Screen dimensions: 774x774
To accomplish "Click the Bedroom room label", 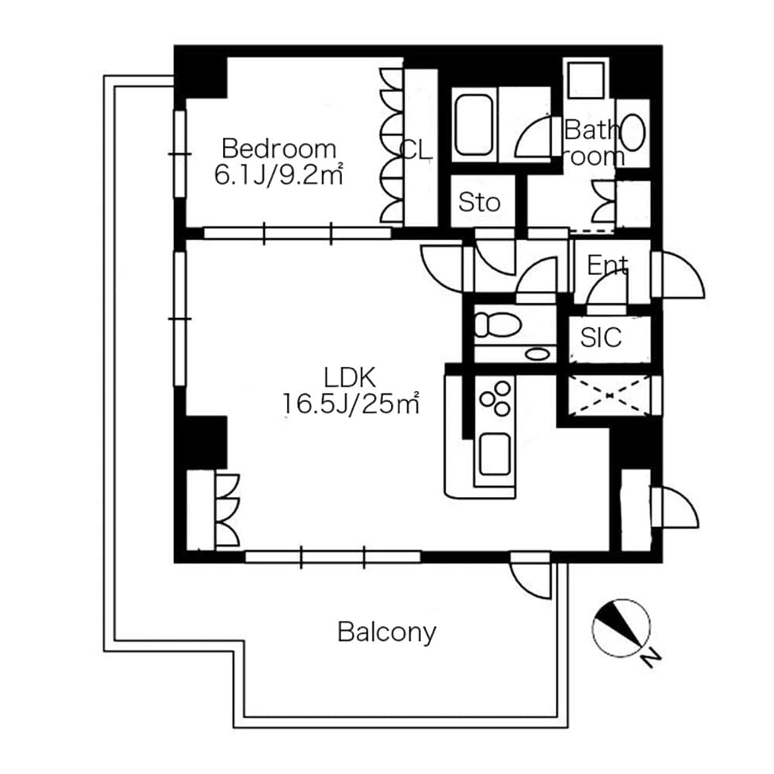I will pyautogui.click(x=279, y=148).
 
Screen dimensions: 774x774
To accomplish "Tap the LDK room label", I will pyautogui.click(x=350, y=378).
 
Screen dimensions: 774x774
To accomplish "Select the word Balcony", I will pyautogui.click(x=386, y=632).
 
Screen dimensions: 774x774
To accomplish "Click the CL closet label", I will pyautogui.click(x=415, y=151).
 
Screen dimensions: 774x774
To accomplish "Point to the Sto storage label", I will pyautogui.click(x=479, y=203).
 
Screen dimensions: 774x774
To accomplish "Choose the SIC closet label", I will pyautogui.click(x=601, y=337).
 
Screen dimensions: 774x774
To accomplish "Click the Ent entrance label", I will pyautogui.click(x=607, y=266).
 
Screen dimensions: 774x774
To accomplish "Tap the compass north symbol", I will pyautogui.click(x=621, y=628).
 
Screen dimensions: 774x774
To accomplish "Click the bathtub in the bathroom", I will pyautogui.click(x=474, y=125).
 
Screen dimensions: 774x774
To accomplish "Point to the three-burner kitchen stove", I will pyautogui.click(x=495, y=398).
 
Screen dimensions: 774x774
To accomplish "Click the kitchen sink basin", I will pyautogui.click(x=494, y=454).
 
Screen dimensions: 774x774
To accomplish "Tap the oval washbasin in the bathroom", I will pyautogui.click(x=633, y=132).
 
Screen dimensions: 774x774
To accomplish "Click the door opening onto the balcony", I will pyautogui.click(x=531, y=577).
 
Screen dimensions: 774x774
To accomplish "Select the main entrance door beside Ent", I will pyautogui.click(x=679, y=275).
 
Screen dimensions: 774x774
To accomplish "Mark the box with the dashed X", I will pyautogui.click(x=609, y=396).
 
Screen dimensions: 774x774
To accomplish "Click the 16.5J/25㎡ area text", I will pyautogui.click(x=350, y=403).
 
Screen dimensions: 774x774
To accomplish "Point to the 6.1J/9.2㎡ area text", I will pyautogui.click(x=279, y=175).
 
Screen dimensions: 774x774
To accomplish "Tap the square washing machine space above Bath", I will pyautogui.click(x=587, y=78).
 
